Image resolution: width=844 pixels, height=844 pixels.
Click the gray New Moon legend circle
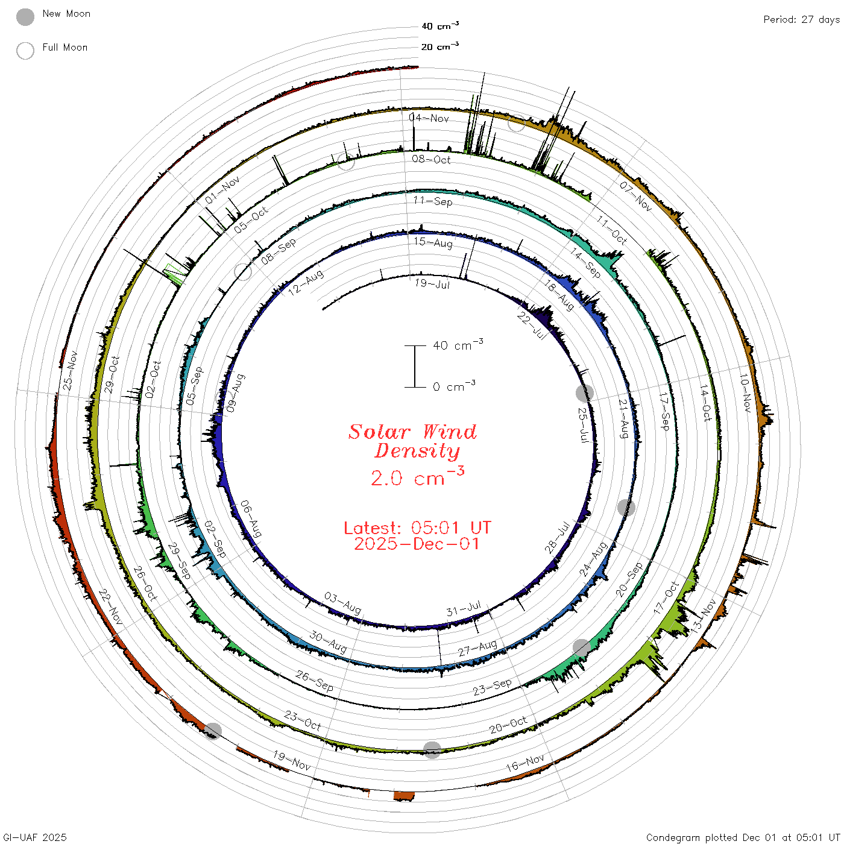point(25,17)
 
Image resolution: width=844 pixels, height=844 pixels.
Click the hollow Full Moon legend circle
point(25,51)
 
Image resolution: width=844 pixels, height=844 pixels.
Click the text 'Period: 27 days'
point(802,20)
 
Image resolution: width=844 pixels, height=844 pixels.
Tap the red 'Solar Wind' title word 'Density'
point(417,451)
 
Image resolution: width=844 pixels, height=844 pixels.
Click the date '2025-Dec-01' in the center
point(417,544)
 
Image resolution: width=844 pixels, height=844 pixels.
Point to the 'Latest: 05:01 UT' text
point(417,527)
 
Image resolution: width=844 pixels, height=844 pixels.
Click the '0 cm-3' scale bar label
point(454,386)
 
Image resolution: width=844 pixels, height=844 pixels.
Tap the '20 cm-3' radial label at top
point(439,46)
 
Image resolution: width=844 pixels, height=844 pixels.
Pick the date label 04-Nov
point(429,118)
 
